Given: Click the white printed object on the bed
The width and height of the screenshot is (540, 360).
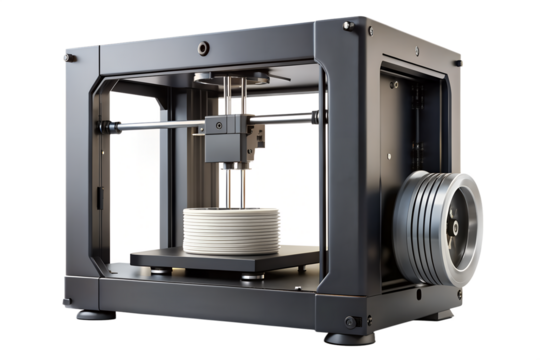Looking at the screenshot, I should tap(229, 230).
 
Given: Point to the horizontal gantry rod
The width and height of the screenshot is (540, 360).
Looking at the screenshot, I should tap(150, 126).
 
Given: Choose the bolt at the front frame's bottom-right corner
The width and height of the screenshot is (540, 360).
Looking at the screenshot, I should tap(351, 321).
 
